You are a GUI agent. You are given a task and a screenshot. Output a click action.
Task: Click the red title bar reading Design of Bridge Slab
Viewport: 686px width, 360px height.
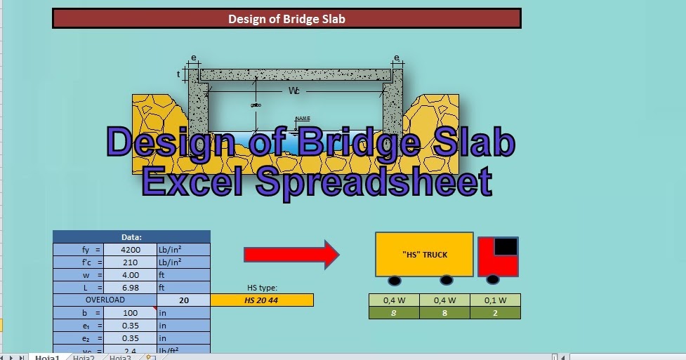(x=286, y=19)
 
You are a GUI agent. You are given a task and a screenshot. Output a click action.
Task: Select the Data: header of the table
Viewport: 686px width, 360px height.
(x=131, y=237)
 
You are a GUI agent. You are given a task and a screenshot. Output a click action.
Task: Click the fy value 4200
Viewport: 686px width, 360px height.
(x=130, y=249)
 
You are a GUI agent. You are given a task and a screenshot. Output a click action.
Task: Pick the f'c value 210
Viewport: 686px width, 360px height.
(x=130, y=262)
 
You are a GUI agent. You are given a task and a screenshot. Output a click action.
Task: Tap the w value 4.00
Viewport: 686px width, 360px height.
(x=130, y=274)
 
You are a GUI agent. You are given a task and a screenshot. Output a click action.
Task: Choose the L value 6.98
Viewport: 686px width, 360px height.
(x=130, y=287)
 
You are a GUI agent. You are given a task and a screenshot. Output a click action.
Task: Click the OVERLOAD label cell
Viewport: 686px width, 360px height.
(x=105, y=300)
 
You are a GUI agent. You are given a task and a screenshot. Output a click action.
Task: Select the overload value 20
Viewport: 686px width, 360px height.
(x=183, y=300)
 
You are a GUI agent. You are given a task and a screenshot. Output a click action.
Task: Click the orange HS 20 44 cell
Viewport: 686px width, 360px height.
(x=262, y=300)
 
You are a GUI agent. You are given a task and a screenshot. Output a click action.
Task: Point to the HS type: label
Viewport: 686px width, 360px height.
(x=262, y=288)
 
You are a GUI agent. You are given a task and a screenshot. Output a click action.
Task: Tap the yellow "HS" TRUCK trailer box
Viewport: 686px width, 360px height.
(x=424, y=254)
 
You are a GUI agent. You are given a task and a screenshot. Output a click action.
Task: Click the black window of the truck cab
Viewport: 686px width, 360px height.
(x=506, y=246)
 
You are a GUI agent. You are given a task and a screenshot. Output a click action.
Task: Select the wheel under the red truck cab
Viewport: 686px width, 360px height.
(x=494, y=281)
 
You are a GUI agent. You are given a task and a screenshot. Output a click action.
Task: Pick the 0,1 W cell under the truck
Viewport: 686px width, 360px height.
(x=496, y=300)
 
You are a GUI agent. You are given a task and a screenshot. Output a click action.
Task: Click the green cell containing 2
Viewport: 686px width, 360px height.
(x=496, y=313)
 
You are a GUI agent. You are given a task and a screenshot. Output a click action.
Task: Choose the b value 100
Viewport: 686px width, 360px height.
(x=130, y=312)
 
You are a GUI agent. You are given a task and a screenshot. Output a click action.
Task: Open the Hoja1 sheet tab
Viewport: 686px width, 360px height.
(x=48, y=357)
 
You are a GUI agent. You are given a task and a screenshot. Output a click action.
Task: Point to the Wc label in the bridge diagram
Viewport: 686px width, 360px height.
(x=295, y=91)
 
